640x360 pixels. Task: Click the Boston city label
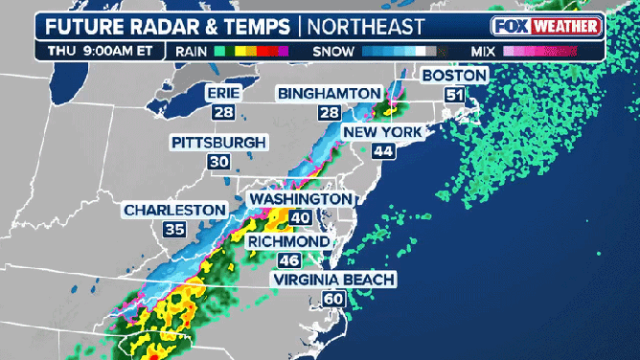(x=455, y=75)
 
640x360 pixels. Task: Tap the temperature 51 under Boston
(x=454, y=94)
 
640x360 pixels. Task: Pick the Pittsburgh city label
(x=218, y=143)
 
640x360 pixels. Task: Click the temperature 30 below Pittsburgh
(x=218, y=162)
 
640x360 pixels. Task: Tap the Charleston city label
(x=174, y=210)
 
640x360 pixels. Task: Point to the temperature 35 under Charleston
(x=174, y=230)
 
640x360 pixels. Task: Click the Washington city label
(x=301, y=198)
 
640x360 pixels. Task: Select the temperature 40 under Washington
(x=301, y=217)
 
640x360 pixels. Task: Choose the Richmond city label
(x=290, y=241)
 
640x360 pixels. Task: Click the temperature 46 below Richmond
(x=290, y=260)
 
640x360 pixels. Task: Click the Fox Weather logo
(x=547, y=27)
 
